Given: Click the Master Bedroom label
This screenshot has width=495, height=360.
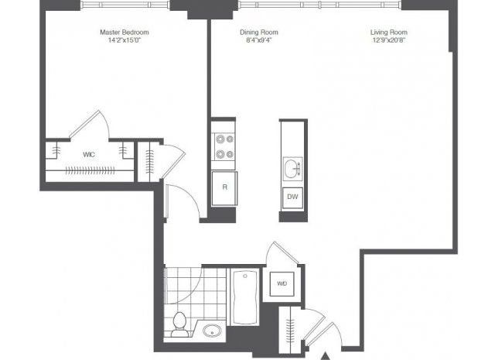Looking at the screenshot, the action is tap(125, 33).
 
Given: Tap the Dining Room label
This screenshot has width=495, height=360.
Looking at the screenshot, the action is tap(259, 33).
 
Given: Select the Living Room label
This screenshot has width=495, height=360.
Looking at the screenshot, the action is tap(388, 33).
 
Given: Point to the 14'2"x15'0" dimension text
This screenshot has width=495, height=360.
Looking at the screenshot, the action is tap(124, 40).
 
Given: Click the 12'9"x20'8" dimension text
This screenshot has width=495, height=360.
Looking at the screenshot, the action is tap(388, 40).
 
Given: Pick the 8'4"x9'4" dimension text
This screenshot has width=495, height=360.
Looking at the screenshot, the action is tap(259, 40).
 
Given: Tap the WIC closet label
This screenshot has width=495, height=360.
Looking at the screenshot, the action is tap(89, 155).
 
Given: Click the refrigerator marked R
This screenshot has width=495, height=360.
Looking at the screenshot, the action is tap(224, 188).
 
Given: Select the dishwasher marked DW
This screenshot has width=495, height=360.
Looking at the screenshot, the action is tap(292, 198).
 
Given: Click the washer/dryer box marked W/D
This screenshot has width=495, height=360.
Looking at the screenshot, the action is tap(282, 283).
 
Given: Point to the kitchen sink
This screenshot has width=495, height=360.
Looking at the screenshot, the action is tap(292, 169).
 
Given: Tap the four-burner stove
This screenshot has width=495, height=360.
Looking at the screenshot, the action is tap(224, 146).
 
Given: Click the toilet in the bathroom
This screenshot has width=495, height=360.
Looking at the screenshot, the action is tap(179, 324).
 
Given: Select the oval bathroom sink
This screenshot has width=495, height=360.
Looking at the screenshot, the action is tap(212, 331).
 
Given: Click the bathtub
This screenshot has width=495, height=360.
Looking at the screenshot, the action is tap(245, 297).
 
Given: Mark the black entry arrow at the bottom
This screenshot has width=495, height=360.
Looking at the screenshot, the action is tap(326, 357).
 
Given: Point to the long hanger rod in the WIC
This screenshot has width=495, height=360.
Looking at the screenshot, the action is tap(90, 170).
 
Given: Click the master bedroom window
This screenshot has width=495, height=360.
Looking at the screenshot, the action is tap(125, 5).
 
